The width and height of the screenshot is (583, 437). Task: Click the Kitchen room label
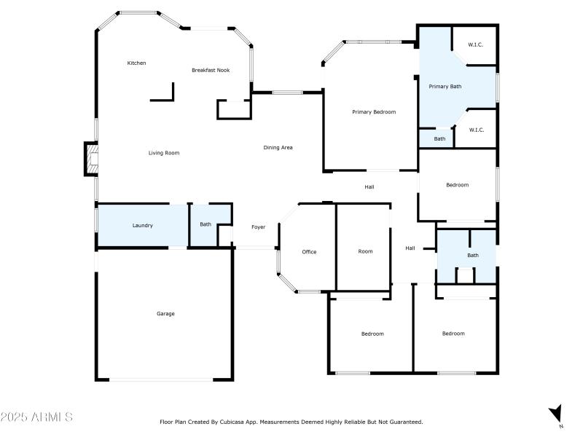(136, 63)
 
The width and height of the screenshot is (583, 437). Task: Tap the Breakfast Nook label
(211, 70)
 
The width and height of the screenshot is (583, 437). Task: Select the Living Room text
(164, 153)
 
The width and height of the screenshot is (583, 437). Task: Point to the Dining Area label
(278, 148)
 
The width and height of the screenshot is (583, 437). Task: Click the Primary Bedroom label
(374, 112)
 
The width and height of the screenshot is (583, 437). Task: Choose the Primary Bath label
(445, 87)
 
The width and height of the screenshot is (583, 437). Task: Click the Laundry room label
(142, 226)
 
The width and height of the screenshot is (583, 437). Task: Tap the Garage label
(165, 314)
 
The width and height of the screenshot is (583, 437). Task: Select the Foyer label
(258, 227)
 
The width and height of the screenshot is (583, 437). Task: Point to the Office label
(309, 252)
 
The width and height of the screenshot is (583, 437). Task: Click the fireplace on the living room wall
(90, 160)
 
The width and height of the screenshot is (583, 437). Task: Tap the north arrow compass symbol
(556, 416)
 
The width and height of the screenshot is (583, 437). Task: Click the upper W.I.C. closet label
(475, 45)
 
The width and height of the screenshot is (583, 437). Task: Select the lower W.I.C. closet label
(476, 130)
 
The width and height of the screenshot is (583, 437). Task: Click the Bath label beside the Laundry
(206, 224)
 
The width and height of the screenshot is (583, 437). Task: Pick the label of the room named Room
(365, 252)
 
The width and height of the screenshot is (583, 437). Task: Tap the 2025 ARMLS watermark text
(36, 417)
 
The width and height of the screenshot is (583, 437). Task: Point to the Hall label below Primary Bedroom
(369, 187)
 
